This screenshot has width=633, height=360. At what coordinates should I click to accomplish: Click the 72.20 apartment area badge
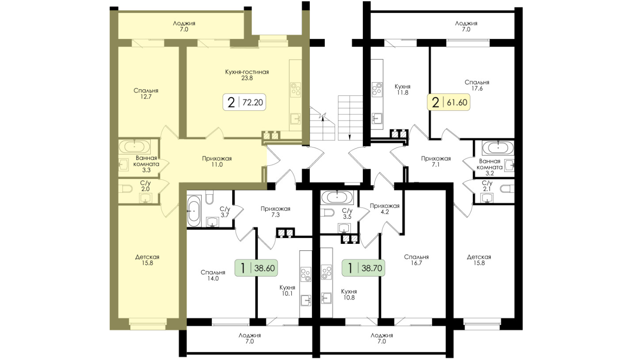[244, 102]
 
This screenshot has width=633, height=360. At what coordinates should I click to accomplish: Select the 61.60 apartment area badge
[449, 102]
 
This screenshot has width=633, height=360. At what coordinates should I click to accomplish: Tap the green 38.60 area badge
[256, 268]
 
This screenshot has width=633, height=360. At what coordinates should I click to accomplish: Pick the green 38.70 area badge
[363, 268]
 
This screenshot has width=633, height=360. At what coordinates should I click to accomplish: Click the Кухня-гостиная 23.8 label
[247, 75]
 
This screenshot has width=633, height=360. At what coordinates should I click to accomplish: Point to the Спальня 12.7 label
[146, 94]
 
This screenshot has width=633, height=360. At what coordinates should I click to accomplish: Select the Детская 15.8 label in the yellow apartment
[147, 260]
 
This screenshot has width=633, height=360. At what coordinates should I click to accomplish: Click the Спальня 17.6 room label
[477, 85]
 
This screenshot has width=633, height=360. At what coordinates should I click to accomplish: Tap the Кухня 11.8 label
[402, 90]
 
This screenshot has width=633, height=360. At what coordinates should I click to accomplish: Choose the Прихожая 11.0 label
[217, 162]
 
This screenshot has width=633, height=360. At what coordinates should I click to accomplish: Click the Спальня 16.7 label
[416, 260]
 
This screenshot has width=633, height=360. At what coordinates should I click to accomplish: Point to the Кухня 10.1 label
[287, 290]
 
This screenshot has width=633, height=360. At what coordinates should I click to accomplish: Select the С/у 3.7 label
[225, 212]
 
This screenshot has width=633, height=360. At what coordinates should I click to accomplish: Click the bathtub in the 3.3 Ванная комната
[134, 147]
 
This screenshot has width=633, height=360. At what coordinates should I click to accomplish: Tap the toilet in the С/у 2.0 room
[125, 188]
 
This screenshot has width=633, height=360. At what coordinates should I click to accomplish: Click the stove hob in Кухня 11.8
[377, 90]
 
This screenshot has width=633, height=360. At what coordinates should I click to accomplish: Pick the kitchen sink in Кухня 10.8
[326, 298]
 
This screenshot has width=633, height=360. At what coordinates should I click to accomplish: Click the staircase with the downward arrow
[351, 118]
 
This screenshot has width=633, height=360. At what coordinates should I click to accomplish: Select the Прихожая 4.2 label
[385, 209]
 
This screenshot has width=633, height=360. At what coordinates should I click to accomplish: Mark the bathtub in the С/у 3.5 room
[337, 197]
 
